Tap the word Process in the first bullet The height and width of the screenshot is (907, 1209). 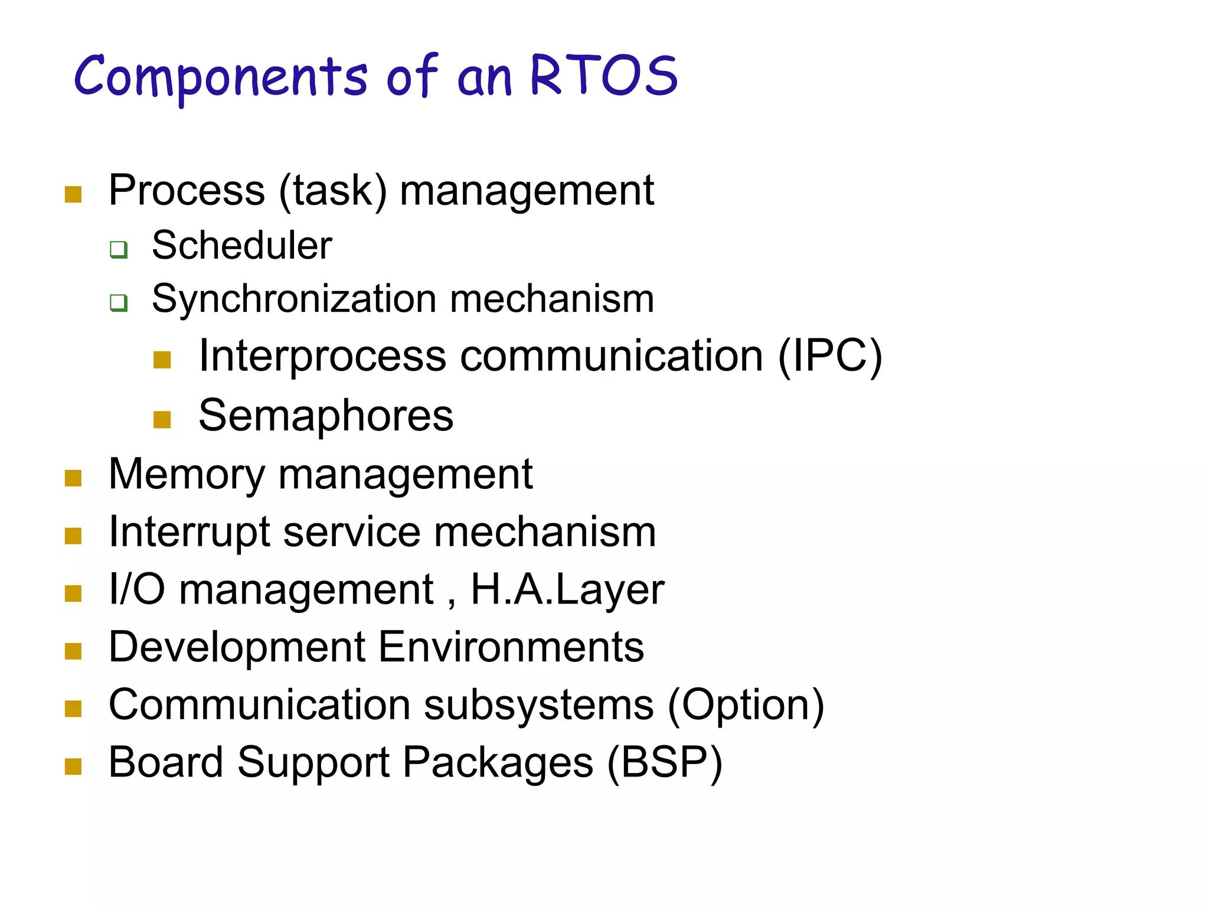pos(187,191)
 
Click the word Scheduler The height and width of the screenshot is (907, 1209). pos(241,245)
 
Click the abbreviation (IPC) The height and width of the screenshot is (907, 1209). pos(829,356)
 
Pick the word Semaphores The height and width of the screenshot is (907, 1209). pos(326,416)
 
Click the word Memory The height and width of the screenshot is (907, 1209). pos(187,475)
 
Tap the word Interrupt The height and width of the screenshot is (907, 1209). pos(189,532)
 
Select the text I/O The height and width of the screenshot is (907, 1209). pos(137,589)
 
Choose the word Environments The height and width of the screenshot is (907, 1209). pos(511,647)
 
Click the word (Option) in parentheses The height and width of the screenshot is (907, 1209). pos(746,705)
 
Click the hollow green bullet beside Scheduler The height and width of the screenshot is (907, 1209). pos(119,249)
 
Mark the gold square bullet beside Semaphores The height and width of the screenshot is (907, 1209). pos(162,419)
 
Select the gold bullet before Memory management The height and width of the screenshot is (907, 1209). pos(73,478)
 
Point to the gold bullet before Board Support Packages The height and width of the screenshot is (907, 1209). pos(73,766)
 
